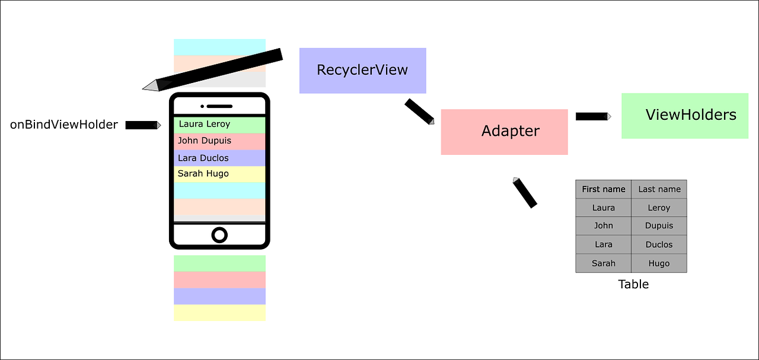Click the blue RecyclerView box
click(x=363, y=71)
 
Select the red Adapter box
click(x=504, y=132)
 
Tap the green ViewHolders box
click(x=685, y=116)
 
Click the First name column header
click(x=603, y=189)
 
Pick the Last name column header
click(x=659, y=189)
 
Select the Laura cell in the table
click(x=603, y=208)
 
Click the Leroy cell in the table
click(x=659, y=208)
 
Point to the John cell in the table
click(x=603, y=225)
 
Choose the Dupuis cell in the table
click(x=659, y=225)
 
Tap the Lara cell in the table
click(x=603, y=244)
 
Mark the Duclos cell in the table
click(x=659, y=244)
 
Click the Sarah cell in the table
click(x=603, y=263)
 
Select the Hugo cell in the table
click(x=659, y=263)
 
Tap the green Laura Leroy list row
click(x=219, y=125)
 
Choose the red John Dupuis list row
click(x=219, y=142)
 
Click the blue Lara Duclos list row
click(x=219, y=158)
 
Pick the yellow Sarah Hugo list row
click(x=219, y=174)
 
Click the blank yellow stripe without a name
click(x=219, y=314)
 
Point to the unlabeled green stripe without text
click(x=219, y=262)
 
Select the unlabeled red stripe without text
click(x=219, y=279)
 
